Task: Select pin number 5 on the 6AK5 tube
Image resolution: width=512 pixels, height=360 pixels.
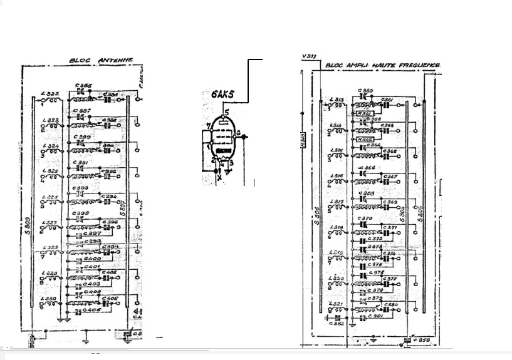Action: (227, 112)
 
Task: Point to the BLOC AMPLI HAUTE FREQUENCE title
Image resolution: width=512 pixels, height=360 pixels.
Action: (383, 64)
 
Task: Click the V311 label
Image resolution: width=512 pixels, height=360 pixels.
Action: (308, 56)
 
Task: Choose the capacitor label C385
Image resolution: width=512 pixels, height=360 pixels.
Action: (83, 85)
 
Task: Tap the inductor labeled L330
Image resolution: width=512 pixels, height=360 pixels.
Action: (51, 299)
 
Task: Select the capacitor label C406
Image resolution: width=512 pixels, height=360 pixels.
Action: (92, 310)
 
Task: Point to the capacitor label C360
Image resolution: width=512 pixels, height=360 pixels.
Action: (366, 91)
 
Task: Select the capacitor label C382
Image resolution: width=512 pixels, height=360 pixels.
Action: (338, 323)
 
